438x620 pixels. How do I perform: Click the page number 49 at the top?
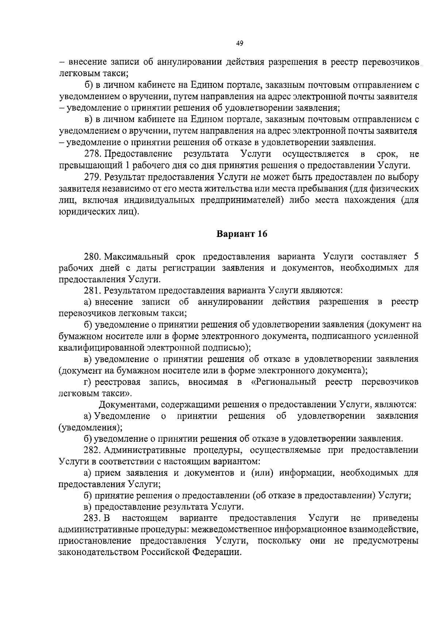click(x=239, y=43)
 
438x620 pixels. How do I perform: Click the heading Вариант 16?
click(x=242, y=234)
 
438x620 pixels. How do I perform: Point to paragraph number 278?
click(x=92, y=154)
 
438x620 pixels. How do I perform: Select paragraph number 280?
click(x=92, y=256)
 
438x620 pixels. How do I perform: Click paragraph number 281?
click(x=92, y=290)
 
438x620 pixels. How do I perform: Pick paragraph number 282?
click(x=92, y=450)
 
